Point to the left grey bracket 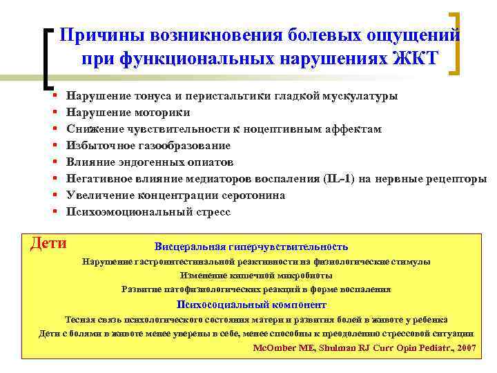pyautogui.click(x=47, y=59)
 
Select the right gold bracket pyautogui.click(x=455, y=43)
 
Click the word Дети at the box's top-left pyautogui.click(x=48, y=243)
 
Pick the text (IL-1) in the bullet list pyautogui.click(x=338, y=179)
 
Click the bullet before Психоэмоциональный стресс pyautogui.click(x=54, y=213)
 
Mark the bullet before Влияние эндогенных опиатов pyautogui.click(x=54, y=163)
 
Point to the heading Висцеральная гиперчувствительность pyautogui.click(x=251, y=247)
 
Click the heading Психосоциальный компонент pyautogui.click(x=251, y=305)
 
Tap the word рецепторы pyautogui.click(x=456, y=179)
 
